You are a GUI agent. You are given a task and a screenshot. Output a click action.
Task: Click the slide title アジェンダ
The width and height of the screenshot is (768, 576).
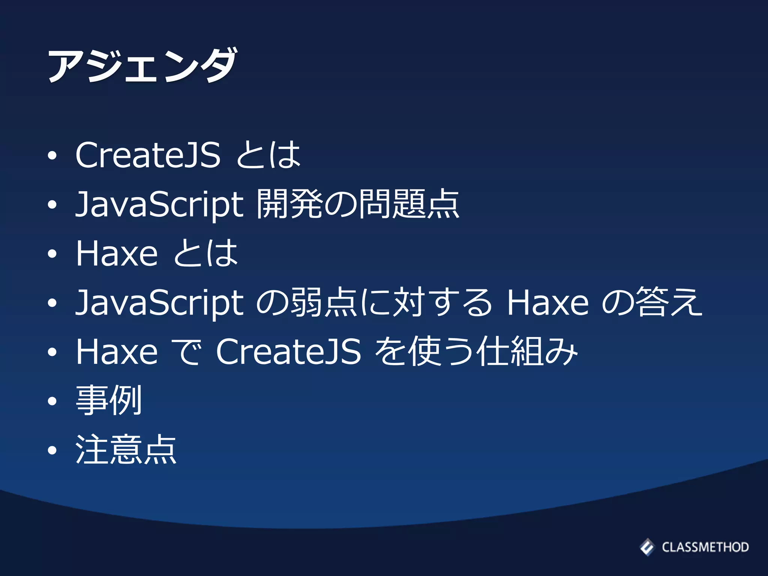coord(142,65)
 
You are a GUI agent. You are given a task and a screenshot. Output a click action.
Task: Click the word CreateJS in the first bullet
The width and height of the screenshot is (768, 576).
coord(148,154)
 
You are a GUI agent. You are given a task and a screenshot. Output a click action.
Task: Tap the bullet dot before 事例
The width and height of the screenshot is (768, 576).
coord(52,401)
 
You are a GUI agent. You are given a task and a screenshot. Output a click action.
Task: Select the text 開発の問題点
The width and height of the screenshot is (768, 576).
coord(358,204)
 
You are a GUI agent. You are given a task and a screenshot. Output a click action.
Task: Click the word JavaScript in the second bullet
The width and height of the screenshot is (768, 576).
coord(160,205)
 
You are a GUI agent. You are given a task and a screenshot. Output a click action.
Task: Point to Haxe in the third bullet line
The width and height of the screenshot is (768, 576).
coord(117,253)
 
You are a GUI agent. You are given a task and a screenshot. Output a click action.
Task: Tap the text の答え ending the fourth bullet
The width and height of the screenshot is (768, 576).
coord(652,302)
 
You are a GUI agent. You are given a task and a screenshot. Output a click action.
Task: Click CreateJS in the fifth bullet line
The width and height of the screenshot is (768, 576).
coord(288,351)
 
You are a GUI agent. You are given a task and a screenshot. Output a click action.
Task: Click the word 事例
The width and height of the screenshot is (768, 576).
coord(109,400)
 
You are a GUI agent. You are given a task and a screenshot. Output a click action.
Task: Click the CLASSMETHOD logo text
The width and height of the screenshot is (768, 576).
coord(705,547)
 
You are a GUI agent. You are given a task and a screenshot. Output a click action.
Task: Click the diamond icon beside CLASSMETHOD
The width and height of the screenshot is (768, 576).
coord(647,547)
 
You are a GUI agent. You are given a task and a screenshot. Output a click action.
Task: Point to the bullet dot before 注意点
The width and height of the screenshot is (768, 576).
coord(52,450)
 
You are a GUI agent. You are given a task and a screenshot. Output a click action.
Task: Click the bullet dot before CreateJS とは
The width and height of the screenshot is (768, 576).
coord(52,155)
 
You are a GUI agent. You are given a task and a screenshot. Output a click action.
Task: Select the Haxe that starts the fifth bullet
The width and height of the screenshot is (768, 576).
coord(117,351)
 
